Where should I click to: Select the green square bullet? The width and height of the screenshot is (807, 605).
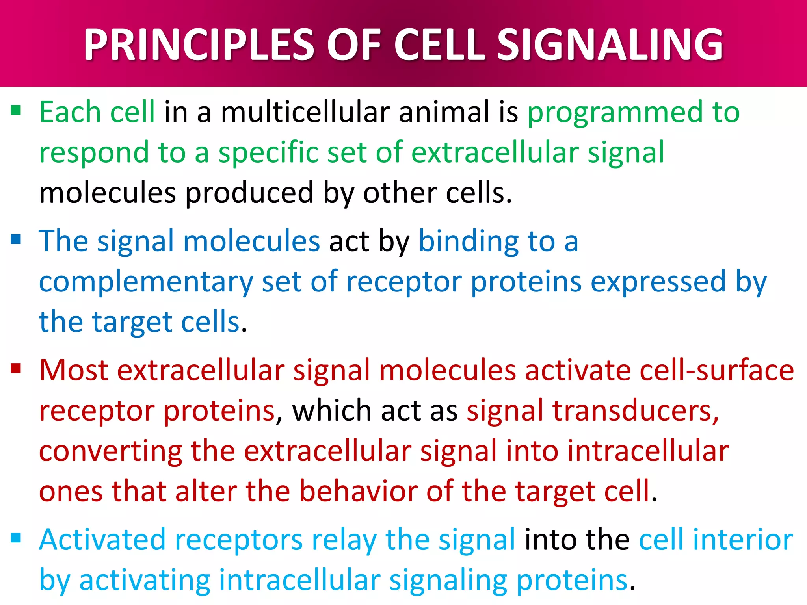(16, 110)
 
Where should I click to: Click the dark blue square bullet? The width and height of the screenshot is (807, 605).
(16, 239)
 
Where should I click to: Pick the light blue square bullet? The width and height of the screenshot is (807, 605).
(16, 537)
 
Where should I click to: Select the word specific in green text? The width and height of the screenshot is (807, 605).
(268, 154)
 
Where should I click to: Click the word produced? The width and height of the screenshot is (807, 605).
(249, 194)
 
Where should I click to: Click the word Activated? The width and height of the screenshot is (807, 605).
(102, 540)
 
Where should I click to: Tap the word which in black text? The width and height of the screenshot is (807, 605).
(331, 411)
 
